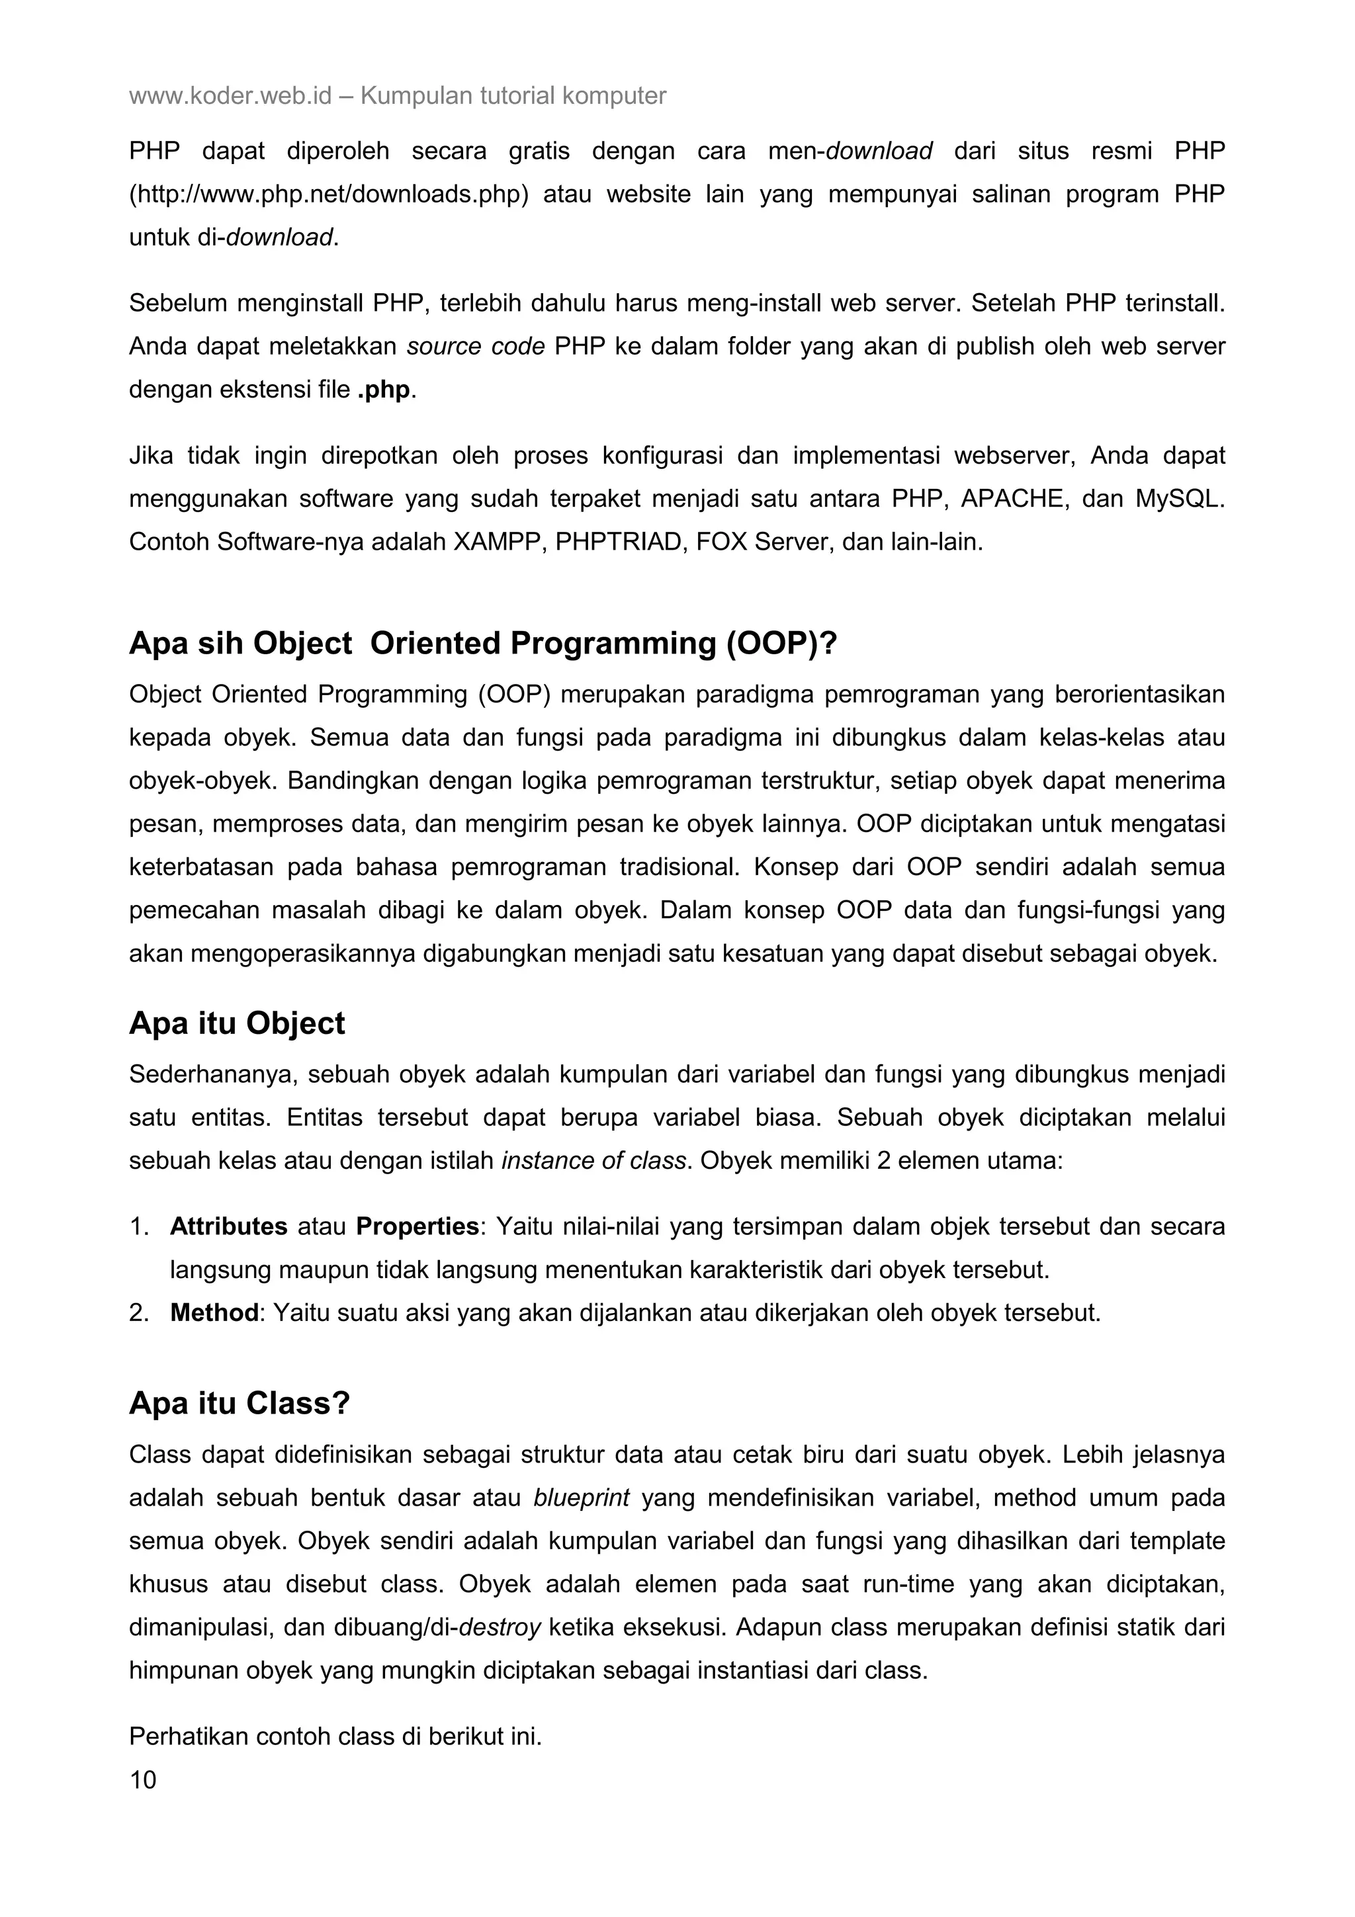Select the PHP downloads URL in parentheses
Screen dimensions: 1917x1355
point(329,194)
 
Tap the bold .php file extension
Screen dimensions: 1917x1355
point(384,390)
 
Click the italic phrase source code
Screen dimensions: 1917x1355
point(476,347)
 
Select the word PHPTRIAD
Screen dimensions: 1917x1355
point(618,542)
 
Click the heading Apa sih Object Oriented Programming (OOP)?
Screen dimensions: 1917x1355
point(482,644)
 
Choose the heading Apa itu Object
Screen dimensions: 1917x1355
point(236,1023)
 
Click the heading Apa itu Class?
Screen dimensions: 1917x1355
point(239,1404)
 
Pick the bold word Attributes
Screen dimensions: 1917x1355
point(229,1226)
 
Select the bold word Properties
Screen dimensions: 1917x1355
point(417,1226)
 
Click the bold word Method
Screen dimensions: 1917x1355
point(214,1313)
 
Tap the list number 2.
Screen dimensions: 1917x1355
point(138,1313)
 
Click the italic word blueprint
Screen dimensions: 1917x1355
point(581,1498)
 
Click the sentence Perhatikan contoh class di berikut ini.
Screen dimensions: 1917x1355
point(335,1736)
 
